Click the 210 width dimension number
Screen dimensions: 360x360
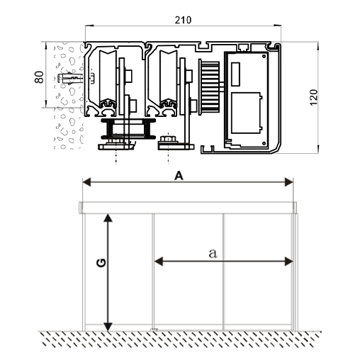click(183, 21)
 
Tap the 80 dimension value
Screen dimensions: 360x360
click(39, 77)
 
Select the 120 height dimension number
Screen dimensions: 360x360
click(314, 97)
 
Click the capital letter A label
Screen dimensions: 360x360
click(179, 176)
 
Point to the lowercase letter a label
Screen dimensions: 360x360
click(213, 253)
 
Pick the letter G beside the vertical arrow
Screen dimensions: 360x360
click(101, 263)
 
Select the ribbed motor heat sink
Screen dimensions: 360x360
click(209, 87)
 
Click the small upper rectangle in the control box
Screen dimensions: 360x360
click(235, 74)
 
